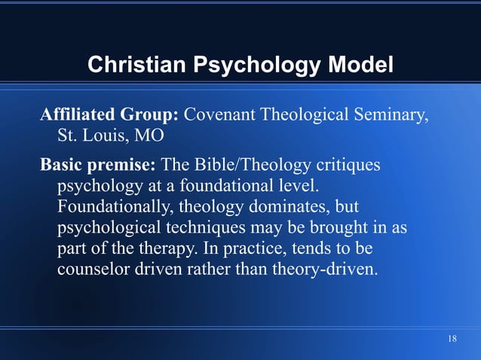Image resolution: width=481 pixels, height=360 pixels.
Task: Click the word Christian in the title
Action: [137, 66]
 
